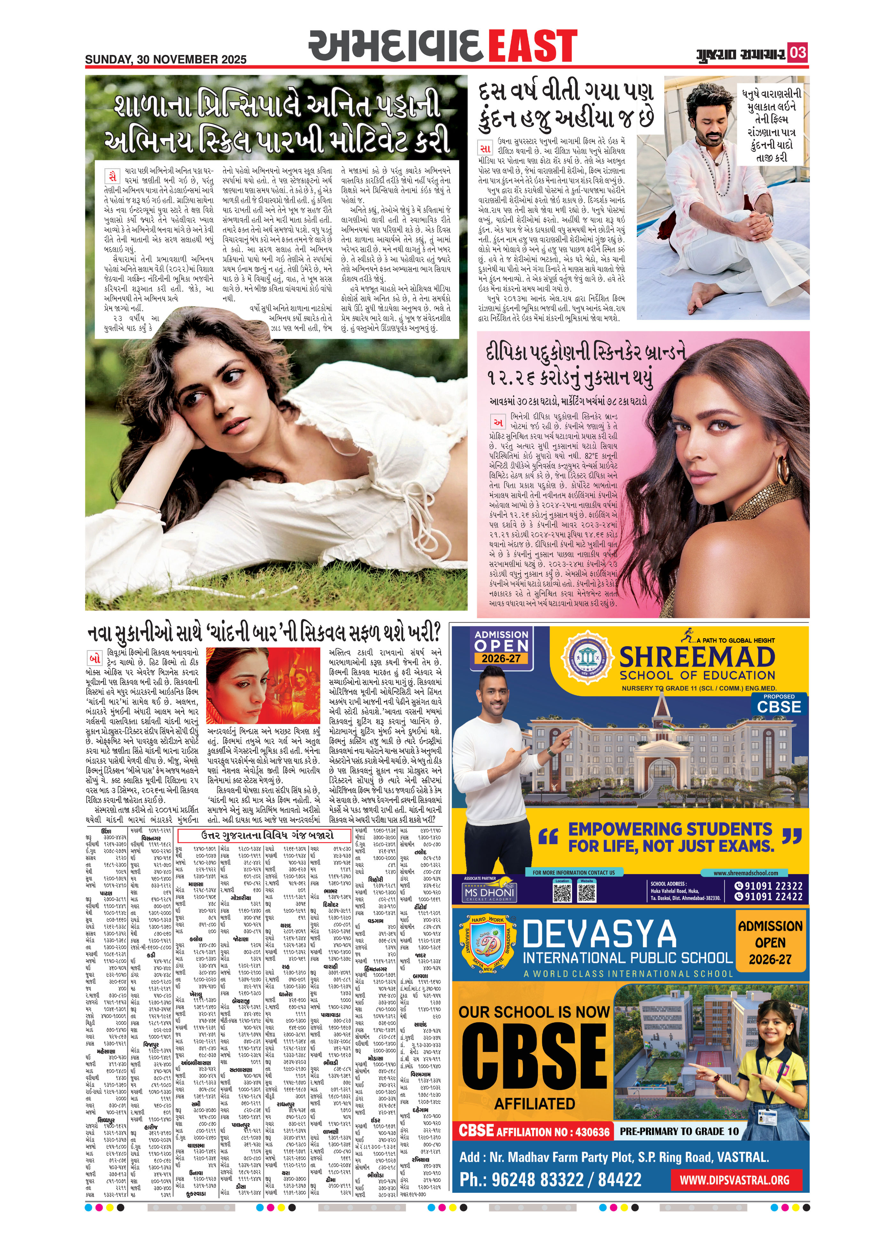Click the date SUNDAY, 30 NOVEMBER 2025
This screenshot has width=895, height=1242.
(x=166, y=59)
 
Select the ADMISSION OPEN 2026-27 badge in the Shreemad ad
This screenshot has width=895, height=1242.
(x=502, y=646)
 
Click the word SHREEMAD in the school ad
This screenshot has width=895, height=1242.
(x=697, y=657)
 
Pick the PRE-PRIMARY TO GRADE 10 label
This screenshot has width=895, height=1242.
(x=679, y=1131)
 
